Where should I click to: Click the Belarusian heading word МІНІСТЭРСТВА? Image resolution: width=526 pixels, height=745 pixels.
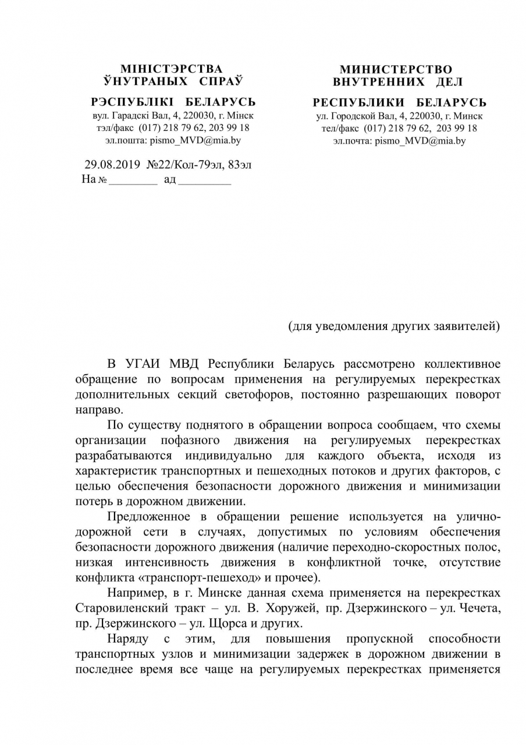click(x=171, y=69)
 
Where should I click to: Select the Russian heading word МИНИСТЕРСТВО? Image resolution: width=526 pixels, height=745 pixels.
click(x=396, y=70)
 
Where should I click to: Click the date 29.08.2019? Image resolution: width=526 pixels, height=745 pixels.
click(x=112, y=165)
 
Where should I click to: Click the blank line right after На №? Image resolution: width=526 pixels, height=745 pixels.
click(x=133, y=180)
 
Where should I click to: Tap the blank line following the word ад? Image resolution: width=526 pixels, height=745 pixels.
click(x=204, y=180)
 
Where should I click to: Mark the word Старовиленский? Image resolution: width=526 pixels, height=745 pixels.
click(x=124, y=608)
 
